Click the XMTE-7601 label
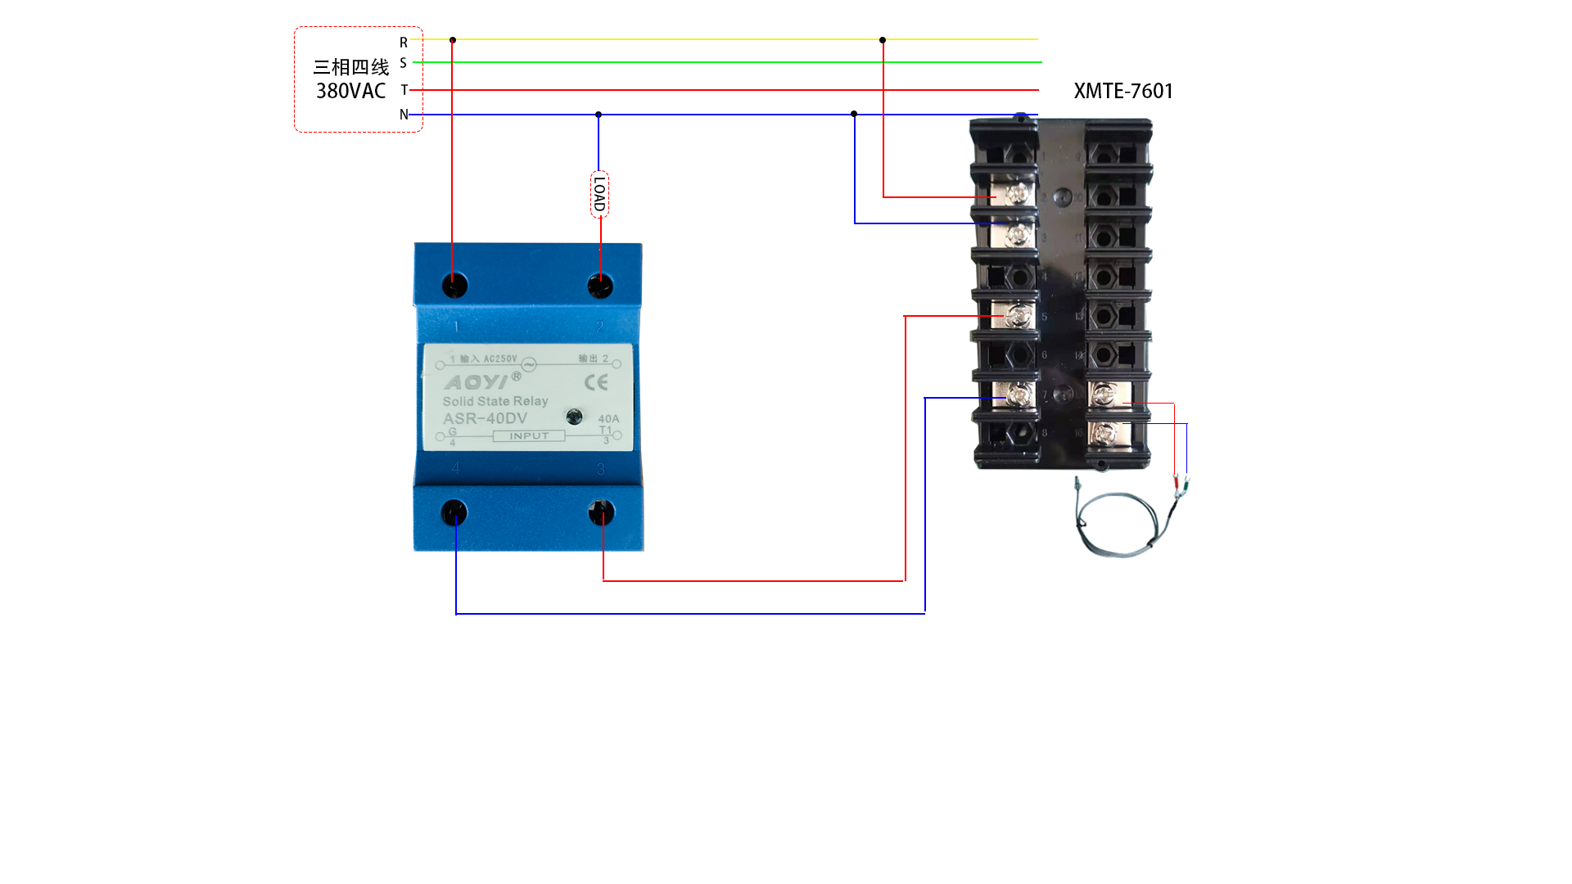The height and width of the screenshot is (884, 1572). coord(1123,91)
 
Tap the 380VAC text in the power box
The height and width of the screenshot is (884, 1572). coord(350,91)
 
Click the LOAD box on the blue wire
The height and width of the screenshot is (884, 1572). coord(599,195)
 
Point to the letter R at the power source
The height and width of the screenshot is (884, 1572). coord(404,42)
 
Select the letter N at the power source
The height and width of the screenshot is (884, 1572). coord(404,115)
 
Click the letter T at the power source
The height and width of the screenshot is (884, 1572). coord(404,90)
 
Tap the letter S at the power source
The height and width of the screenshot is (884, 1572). coord(403,63)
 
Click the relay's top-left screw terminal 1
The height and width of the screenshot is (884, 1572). coord(454,286)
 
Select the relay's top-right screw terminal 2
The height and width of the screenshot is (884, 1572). coord(600,286)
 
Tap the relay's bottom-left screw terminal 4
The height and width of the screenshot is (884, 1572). coord(454,513)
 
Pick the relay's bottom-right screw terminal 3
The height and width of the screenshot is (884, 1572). coord(601,513)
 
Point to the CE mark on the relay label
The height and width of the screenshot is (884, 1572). coord(596,382)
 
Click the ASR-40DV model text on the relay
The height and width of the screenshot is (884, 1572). coord(485,418)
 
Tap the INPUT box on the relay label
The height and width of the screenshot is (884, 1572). coord(529,436)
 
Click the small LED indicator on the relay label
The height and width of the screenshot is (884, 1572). coord(575,417)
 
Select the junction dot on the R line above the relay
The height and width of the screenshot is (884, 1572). coord(453,40)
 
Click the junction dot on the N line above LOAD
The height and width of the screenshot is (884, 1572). coord(599,115)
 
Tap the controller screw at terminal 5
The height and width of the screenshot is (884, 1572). coord(1019,316)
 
